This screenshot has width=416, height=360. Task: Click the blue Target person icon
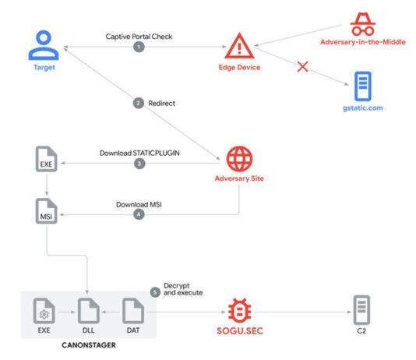44,45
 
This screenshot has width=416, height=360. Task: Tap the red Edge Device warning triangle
239,47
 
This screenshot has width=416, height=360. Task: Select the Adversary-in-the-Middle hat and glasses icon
363,24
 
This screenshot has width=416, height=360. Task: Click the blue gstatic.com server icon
363,86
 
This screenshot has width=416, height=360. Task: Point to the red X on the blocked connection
302,66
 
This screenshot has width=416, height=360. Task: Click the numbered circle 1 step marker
139,47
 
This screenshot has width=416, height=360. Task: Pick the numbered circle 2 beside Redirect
139,103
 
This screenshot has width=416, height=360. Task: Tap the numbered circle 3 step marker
139,164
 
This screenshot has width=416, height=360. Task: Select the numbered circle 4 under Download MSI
139,214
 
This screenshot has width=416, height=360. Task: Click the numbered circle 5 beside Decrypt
155,292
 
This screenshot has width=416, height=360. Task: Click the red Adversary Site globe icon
239,159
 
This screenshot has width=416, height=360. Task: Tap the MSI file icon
47,211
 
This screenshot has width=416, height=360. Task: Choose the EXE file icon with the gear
44,311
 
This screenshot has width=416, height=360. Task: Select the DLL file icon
89,311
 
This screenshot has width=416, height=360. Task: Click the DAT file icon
133,311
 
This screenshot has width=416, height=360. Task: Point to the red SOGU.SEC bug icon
240,310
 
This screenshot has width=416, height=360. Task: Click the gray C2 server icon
361,310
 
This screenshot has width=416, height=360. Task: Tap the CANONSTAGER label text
89,345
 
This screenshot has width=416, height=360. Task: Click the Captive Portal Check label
139,37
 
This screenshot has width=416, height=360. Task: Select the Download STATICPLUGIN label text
139,153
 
